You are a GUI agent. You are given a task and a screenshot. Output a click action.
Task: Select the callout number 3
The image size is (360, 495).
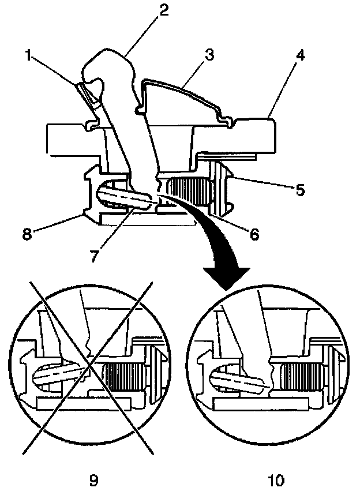pos(209,55)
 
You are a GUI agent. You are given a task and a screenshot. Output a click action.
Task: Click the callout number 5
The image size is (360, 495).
pos(300,189)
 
